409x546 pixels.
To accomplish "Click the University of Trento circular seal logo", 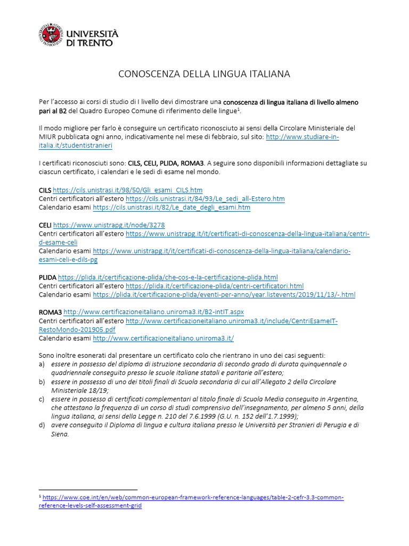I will pyautogui.click(x=50, y=35).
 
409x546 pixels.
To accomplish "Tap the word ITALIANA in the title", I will pyautogui.click(x=269, y=74).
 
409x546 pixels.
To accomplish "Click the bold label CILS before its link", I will pyautogui.click(x=45, y=190).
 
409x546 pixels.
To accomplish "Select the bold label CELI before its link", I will pyautogui.click(x=45, y=225).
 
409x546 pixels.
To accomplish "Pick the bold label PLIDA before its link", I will pyautogui.click(x=47, y=277).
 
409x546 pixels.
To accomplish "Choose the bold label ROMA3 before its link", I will pyautogui.click(x=50, y=312).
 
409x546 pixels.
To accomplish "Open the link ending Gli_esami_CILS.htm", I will pyautogui.click(x=128, y=190).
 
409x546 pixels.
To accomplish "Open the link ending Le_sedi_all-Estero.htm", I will pyautogui.click(x=205, y=199).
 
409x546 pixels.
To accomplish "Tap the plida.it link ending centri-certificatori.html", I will pyautogui.click(x=215, y=286).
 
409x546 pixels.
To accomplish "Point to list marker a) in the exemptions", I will pyautogui.click(x=42, y=364).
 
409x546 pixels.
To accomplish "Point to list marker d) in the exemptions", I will pyautogui.click(x=42, y=425).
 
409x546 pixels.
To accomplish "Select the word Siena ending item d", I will pyautogui.click(x=60, y=434).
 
